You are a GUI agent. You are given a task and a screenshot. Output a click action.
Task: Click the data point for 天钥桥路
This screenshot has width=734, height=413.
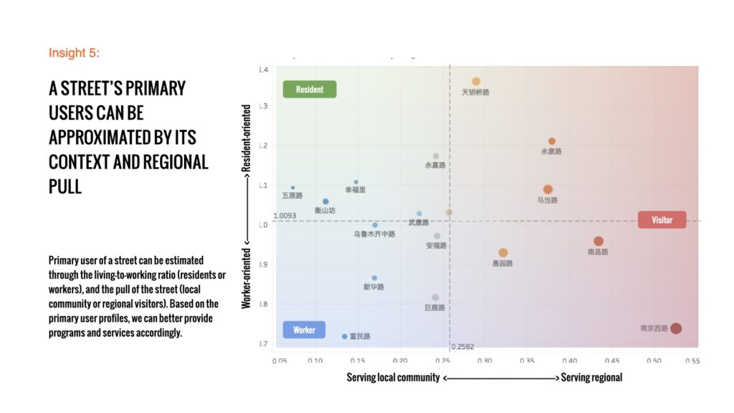(476, 82)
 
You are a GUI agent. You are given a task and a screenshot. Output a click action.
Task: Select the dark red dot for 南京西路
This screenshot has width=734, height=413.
(675, 328)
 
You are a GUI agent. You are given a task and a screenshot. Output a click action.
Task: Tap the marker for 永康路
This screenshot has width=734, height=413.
(552, 141)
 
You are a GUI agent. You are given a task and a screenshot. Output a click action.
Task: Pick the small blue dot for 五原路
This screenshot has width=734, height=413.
(292, 188)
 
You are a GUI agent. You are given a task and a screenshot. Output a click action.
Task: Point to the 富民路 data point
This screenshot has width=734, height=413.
(345, 336)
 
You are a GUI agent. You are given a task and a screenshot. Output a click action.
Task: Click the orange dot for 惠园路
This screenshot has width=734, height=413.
(503, 252)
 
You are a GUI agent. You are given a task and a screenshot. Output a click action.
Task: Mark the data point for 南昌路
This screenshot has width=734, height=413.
(599, 242)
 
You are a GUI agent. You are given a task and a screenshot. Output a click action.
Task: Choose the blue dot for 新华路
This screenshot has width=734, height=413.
(374, 277)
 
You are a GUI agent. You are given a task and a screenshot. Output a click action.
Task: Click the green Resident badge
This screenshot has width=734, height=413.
(309, 90)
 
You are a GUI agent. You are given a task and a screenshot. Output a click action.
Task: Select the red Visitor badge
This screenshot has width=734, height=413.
(662, 220)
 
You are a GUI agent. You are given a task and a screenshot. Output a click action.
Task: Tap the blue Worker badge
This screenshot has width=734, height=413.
(305, 330)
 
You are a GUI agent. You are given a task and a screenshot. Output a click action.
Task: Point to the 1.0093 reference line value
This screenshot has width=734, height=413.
(285, 215)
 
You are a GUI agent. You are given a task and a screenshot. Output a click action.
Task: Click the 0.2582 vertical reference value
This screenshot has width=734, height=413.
(462, 346)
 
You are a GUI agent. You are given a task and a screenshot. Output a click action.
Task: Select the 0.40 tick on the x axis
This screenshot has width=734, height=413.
(569, 361)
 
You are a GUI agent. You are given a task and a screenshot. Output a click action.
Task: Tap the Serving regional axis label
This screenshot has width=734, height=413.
(591, 377)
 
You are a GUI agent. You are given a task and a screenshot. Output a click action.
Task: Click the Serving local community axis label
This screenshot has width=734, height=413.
(393, 377)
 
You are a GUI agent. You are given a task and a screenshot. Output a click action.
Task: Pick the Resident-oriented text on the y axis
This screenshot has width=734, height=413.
(247, 138)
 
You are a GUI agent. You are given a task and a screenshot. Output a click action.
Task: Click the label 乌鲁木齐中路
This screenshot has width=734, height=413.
(374, 234)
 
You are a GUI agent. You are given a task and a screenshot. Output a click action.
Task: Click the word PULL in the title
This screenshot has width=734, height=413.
(65, 186)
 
